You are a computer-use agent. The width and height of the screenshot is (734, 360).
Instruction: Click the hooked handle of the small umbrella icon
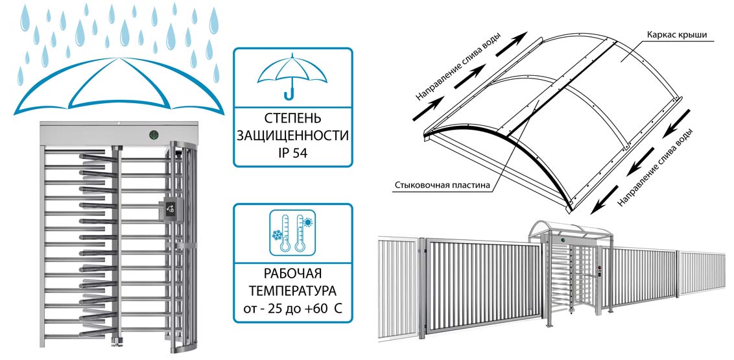289,95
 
